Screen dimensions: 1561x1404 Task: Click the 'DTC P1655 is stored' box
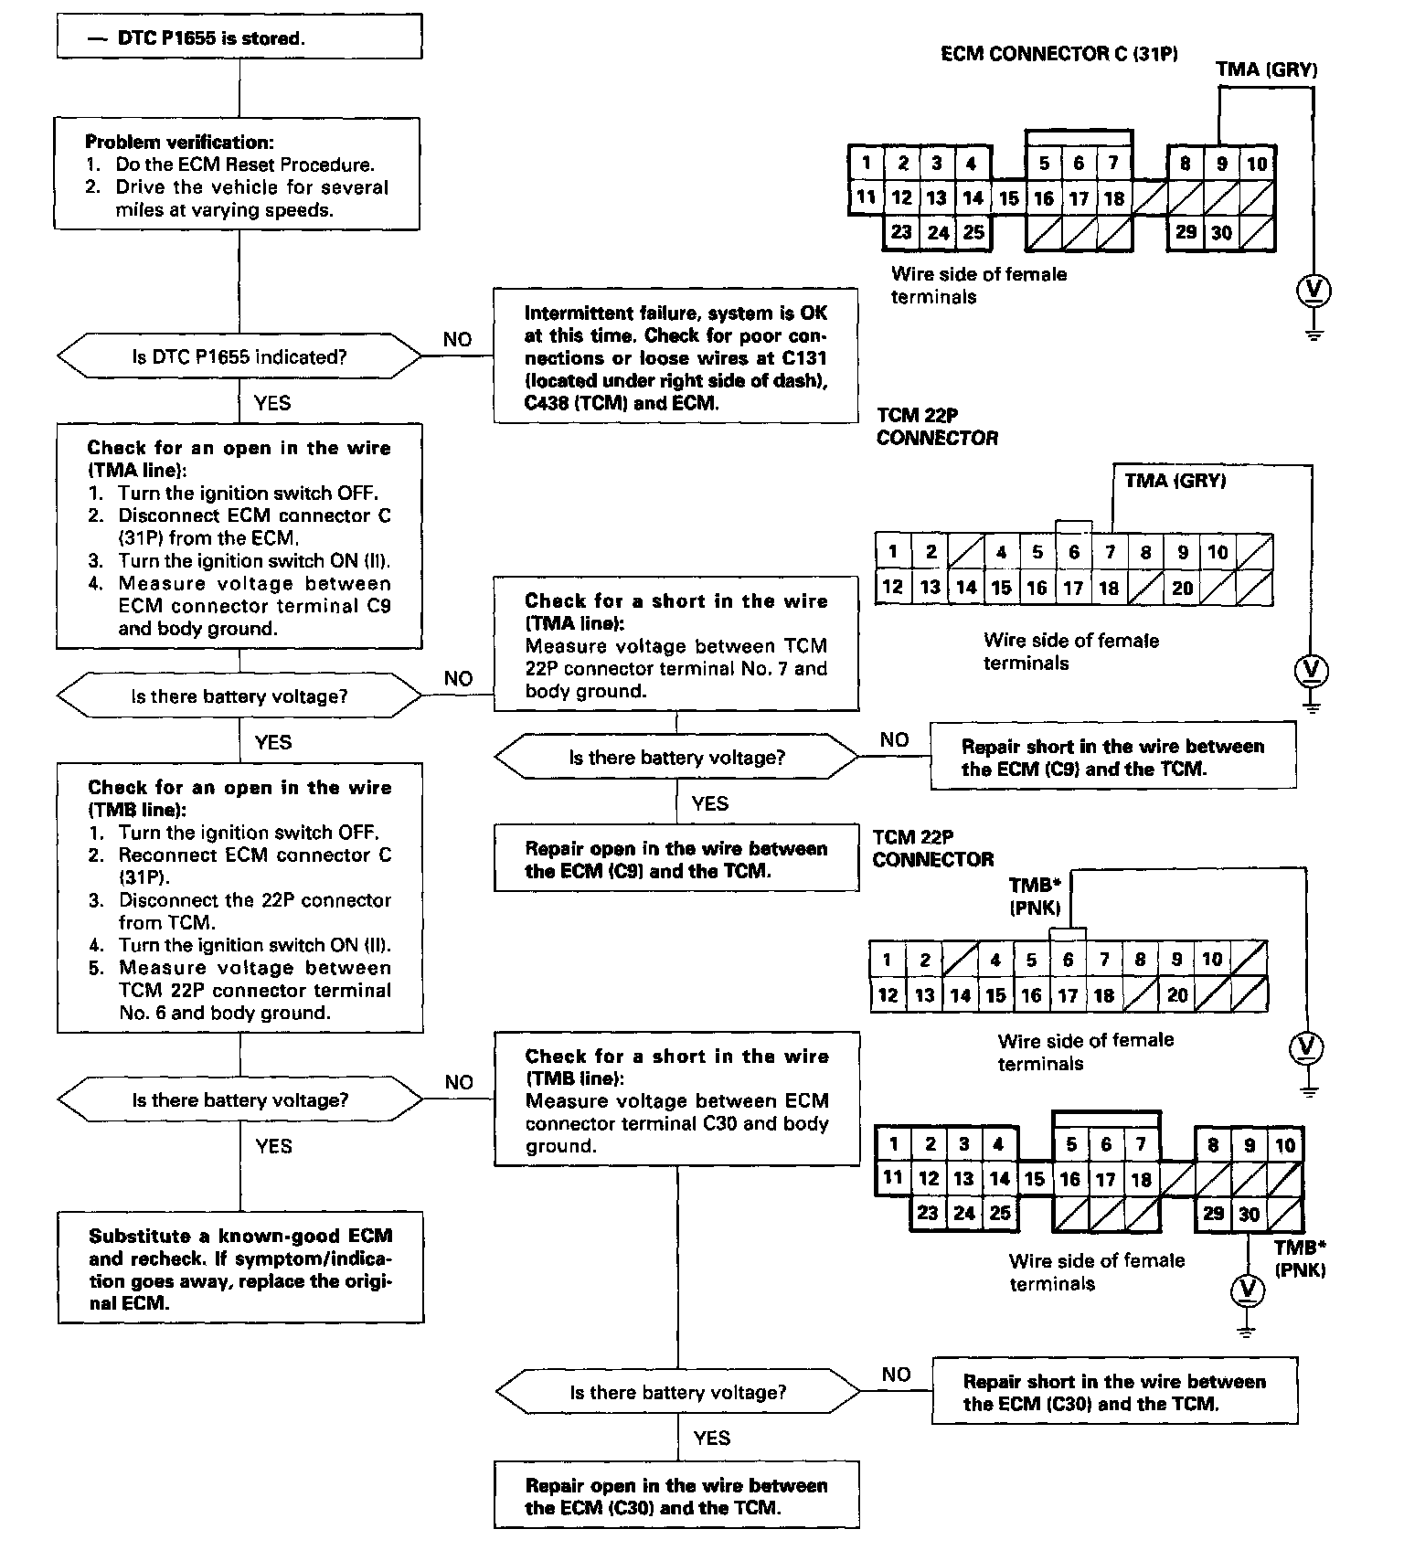point(239,37)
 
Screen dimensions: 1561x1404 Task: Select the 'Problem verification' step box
point(237,174)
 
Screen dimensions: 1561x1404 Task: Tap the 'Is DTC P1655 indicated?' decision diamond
point(239,356)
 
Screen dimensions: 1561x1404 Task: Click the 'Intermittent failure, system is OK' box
point(675,356)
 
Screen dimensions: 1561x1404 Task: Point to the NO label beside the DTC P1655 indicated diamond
point(457,340)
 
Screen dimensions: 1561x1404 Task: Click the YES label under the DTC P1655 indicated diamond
point(272,403)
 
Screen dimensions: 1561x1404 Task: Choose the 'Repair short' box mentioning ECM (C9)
point(1112,757)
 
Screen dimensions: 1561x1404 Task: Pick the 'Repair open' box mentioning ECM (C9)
point(676,859)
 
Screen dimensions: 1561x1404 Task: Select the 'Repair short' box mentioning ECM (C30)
point(1114,1392)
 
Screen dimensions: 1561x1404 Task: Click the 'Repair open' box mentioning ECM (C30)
point(676,1496)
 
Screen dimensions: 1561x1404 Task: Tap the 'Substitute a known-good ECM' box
point(240,1269)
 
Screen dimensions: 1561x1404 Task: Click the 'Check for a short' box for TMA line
point(676,644)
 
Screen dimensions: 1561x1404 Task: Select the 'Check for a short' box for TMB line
point(676,1099)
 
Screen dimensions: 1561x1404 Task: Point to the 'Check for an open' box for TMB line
point(239,898)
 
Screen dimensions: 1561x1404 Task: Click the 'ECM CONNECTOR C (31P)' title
point(1058,54)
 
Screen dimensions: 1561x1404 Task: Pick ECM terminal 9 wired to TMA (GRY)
point(1221,165)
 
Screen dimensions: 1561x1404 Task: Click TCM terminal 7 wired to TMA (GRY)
point(1110,552)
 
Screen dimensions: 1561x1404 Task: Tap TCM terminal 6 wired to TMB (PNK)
point(1068,960)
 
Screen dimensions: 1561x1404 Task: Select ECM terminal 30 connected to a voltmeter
point(1249,1215)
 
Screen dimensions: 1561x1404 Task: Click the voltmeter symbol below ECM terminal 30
point(1247,1290)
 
